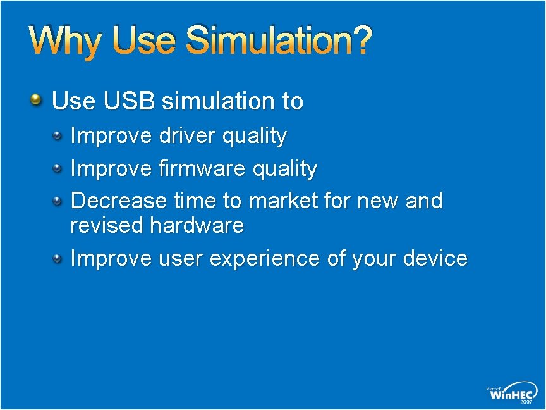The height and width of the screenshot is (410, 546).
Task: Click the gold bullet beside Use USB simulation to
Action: pos(37,100)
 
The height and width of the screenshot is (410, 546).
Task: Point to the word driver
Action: pos(186,136)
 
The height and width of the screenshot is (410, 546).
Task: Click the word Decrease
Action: pos(118,201)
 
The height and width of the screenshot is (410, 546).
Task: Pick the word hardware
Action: pos(197,225)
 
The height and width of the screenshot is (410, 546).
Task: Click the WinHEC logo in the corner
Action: pos(513,393)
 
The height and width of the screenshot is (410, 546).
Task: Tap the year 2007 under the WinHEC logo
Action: pos(526,401)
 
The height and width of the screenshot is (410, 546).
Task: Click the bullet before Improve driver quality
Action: pos(58,135)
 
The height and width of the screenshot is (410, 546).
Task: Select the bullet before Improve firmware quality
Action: pos(58,168)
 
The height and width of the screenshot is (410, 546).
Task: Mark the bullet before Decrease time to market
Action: pos(58,201)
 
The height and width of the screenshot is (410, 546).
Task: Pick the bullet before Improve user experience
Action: pos(58,258)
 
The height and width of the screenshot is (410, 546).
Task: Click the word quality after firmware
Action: pos(284,169)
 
